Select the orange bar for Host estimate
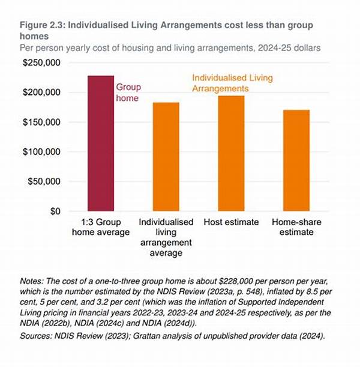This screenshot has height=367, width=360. [x=231, y=154]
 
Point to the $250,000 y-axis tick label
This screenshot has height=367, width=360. [x=41, y=63]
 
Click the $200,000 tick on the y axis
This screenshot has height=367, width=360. [x=41, y=93]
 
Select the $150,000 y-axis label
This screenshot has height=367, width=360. [x=41, y=123]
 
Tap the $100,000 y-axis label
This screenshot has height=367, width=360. [x=41, y=152]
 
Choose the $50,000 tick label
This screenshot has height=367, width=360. [x=44, y=181]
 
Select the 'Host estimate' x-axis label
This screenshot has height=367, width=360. [x=231, y=223]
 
